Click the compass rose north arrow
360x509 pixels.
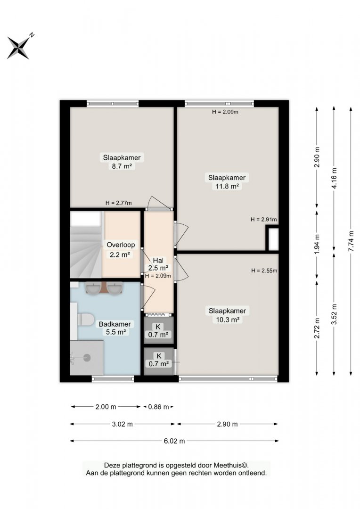19,48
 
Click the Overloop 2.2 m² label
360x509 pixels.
121,250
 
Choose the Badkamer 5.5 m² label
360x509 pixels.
115,328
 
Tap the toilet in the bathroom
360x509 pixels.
85,319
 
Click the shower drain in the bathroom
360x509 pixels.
87,358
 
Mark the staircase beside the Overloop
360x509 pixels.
86,245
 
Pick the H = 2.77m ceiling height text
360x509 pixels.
118,203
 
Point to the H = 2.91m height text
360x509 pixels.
263,220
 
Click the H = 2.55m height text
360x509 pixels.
264,271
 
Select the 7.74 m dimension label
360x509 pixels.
351,241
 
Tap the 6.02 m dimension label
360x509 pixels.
174,441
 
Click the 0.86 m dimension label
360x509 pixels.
158,407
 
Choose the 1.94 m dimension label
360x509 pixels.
317,244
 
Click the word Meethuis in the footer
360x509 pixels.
229,466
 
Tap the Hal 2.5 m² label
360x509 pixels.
158,264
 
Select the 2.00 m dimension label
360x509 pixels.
106,407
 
